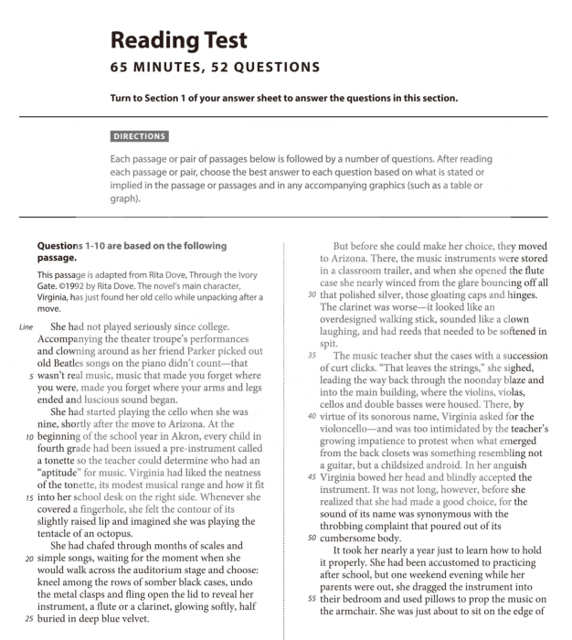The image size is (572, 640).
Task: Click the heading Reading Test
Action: pyautogui.click(x=178, y=39)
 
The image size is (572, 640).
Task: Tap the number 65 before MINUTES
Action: pyautogui.click(x=120, y=68)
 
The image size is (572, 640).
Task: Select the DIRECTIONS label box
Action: pyautogui.click(x=139, y=136)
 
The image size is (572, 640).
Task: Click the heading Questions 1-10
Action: pyautogui.click(x=131, y=246)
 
